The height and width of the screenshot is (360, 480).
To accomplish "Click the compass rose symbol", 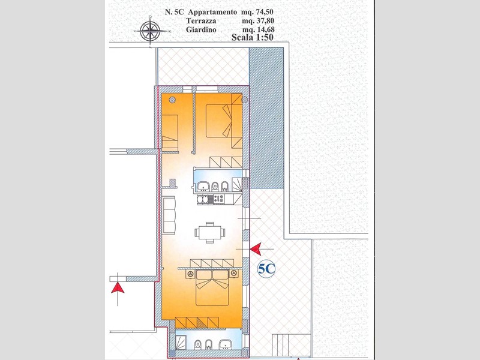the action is pyautogui.click(x=151, y=31).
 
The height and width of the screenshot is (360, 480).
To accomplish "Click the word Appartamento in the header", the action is pyautogui.click(x=212, y=12).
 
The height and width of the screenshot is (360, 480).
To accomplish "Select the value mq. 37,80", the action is pyautogui.click(x=258, y=21).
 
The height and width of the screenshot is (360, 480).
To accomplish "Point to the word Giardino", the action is pyautogui.click(x=201, y=29).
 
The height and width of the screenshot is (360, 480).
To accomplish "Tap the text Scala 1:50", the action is pyautogui.click(x=252, y=37).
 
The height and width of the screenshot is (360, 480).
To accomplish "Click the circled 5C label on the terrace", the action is pyautogui.click(x=266, y=269).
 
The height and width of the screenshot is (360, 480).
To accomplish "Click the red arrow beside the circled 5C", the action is pyautogui.click(x=256, y=249).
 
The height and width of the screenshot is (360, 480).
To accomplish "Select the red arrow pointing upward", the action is pyautogui.click(x=118, y=288).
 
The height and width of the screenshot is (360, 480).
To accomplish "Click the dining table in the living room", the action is pyautogui.click(x=210, y=233).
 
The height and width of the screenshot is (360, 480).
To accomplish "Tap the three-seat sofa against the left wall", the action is pyautogui.click(x=170, y=215).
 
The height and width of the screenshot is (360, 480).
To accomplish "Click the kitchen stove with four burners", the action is pyautogui.click(x=218, y=199).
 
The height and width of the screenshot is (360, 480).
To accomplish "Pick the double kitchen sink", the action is pyautogui.click(x=203, y=200).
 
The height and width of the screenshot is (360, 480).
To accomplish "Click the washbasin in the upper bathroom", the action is pyautogui.click(x=203, y=186).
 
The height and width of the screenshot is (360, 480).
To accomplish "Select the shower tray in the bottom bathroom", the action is pyautogui.click(x=181, y=343).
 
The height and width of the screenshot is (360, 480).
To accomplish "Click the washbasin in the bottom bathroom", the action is pyautogui.click(x=226, y=344).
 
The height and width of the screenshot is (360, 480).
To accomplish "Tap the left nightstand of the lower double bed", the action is pyautogui.click(x=191, y=274).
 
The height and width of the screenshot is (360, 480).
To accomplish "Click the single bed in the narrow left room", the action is pyautogui.click(x=170, y=131).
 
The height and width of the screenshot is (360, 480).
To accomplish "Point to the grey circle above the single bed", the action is pyautogui.click(x=172, y=100).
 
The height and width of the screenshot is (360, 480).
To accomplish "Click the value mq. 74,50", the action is pyautogui.click(x=257, y=12).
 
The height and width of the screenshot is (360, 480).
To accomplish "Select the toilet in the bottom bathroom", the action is pyautogui.click(x=198, y=344).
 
